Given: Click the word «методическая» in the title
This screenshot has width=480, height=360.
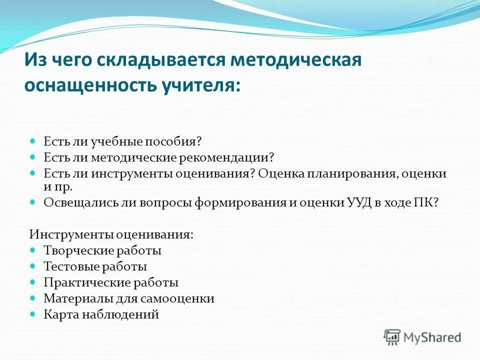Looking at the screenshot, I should point(296,60).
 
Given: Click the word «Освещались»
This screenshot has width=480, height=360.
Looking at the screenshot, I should point(72,203).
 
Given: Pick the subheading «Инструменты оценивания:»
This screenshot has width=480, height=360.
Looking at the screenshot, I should point(111,234).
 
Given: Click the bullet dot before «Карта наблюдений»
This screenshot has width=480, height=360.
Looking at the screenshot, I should point(33,314).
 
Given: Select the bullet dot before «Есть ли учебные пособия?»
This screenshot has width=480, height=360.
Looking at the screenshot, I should point(33,142).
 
